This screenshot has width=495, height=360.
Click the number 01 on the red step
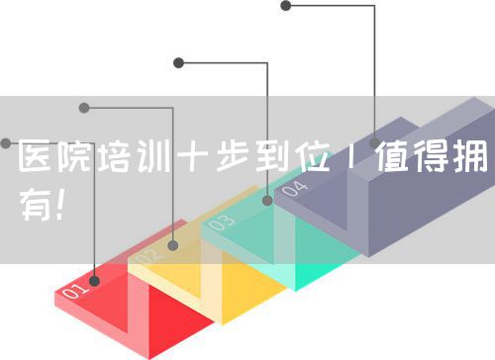75,290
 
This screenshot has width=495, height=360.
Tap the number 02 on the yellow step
148,257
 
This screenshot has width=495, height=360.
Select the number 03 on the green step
222,223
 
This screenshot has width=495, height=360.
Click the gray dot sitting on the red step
95,280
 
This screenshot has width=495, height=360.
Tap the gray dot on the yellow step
173,244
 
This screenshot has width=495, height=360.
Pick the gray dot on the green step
267,201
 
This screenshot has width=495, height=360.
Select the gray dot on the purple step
374,143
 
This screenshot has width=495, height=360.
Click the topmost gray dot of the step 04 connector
286,6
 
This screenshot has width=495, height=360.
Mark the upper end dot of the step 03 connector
178,62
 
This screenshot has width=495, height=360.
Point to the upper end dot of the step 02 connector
84,107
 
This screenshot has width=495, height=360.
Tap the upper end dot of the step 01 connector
5,143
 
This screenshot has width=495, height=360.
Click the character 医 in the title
37,156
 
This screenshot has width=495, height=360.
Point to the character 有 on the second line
37,206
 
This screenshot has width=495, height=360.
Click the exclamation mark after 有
62,206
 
